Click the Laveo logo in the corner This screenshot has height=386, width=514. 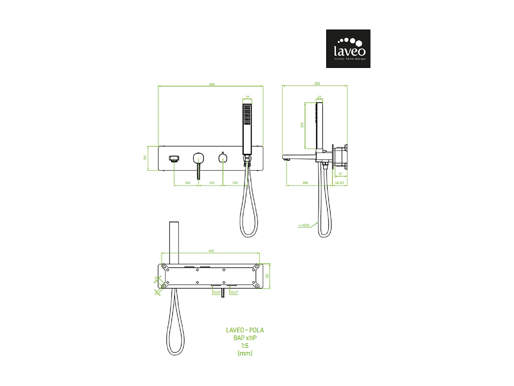point(348,48)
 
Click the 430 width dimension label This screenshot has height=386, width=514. point(212,84)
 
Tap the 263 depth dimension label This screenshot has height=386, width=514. point(317,83)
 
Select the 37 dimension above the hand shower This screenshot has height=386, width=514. point(247,97)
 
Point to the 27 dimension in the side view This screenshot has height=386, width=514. point(319,97)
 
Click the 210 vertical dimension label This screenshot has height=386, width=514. point(302,125)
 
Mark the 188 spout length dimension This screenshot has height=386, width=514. point(305,183)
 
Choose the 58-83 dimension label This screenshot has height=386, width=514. point(339,183)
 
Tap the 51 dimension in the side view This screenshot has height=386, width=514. point(340,174)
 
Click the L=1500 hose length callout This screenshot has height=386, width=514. point(304,225)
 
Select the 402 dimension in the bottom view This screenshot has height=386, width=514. point(211,251)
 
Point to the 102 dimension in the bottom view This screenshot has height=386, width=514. point(267,276)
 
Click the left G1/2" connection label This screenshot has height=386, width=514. point(217,292)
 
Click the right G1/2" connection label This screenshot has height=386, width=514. point(234,292)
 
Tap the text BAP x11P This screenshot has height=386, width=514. point(245,338)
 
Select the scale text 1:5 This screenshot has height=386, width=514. point(245,346)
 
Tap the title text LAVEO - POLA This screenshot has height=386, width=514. point(245,330)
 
